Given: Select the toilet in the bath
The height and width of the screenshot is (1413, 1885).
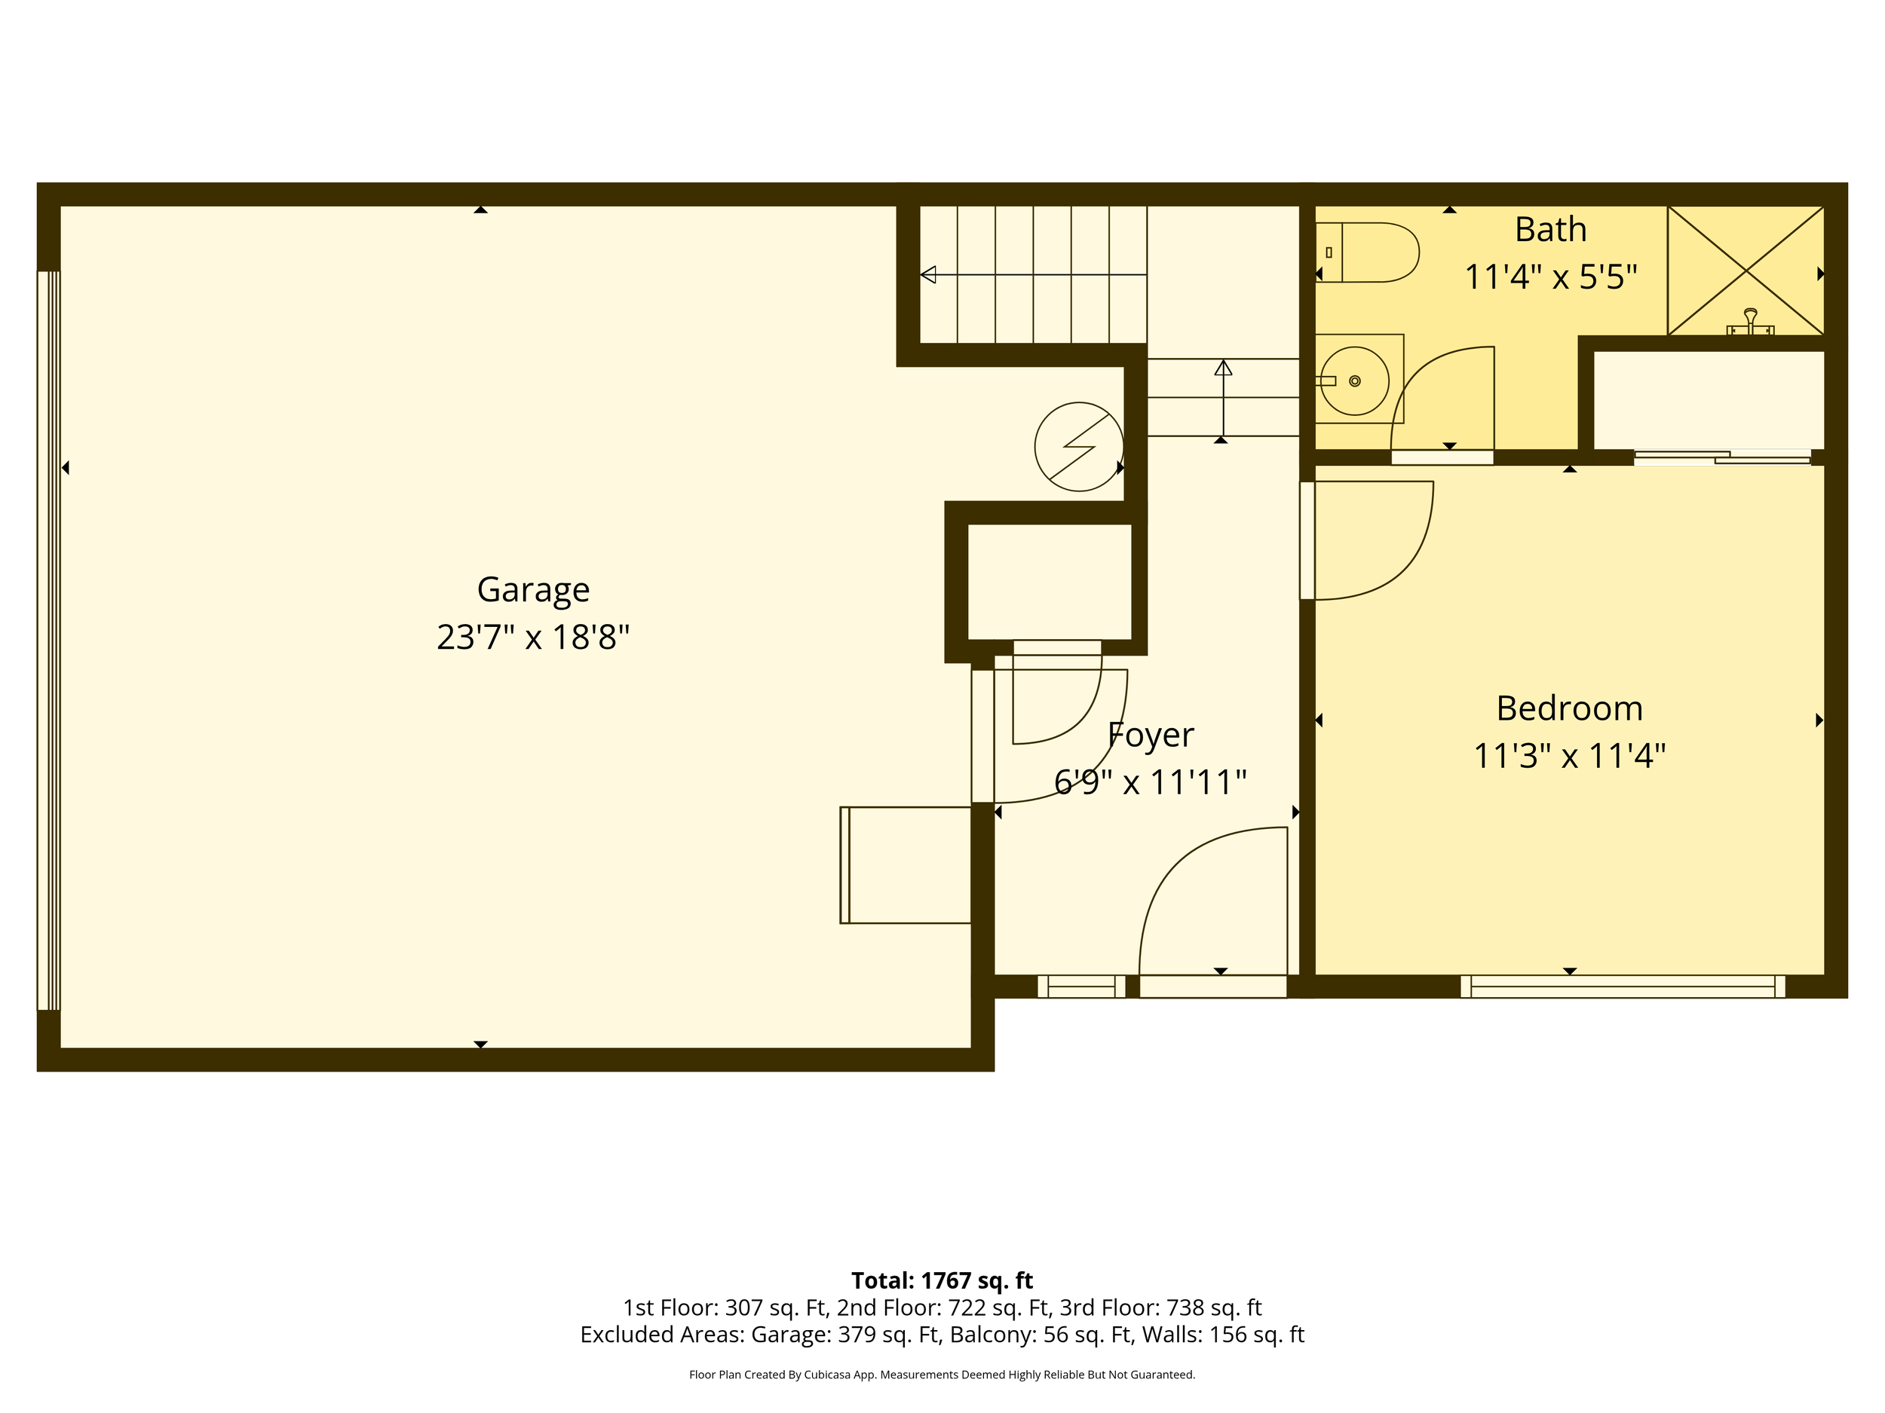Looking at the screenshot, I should tap(1367, 252).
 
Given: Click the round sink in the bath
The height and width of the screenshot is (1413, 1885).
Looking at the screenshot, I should tap(1355, 381).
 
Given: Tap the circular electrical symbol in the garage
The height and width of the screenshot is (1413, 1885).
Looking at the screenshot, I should tap(1079, 446).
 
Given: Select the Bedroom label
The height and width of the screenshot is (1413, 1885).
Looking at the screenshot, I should tap(1569, 708).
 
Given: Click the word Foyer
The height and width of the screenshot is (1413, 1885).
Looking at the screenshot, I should tap(1151, 735).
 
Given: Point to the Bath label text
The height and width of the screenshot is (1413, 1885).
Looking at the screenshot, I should tap(1550, 230).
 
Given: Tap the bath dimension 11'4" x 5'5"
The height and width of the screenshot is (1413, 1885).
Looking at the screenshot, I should tap(1550, 277).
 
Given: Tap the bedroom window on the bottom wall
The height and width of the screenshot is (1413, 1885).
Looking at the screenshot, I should tap(1622, 986).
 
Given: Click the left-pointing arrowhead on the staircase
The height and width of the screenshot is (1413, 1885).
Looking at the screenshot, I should tap(929, 274).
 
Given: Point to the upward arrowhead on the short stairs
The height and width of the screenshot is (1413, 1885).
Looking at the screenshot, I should tap(1223, 368).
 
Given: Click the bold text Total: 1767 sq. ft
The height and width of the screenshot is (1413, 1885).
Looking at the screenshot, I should tap(942, 1280).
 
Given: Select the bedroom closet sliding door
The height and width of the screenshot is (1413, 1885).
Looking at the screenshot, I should tap(1721, 457).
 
